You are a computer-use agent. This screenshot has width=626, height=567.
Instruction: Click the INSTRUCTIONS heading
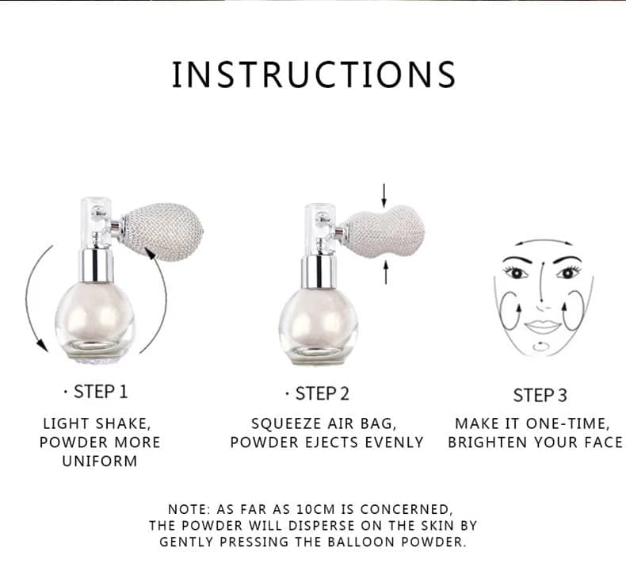314,75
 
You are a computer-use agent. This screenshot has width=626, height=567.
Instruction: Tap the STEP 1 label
101,392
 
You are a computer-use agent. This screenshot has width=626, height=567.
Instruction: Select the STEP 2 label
323,393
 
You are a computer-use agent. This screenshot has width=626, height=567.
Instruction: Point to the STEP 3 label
540,395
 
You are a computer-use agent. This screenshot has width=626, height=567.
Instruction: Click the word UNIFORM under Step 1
100,461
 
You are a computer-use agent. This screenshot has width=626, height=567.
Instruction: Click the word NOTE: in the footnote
189,509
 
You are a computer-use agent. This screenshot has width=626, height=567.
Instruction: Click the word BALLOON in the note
361,542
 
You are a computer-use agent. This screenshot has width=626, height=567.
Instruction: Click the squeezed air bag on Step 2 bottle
384,232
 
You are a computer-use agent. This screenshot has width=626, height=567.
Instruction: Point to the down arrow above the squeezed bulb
384,195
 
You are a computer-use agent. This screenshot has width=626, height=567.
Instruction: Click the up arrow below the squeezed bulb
386,272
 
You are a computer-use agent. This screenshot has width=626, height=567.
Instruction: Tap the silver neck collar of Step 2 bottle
318,272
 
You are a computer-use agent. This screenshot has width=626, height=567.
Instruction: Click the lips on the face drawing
542,326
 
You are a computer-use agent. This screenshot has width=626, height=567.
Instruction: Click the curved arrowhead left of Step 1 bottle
40,344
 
